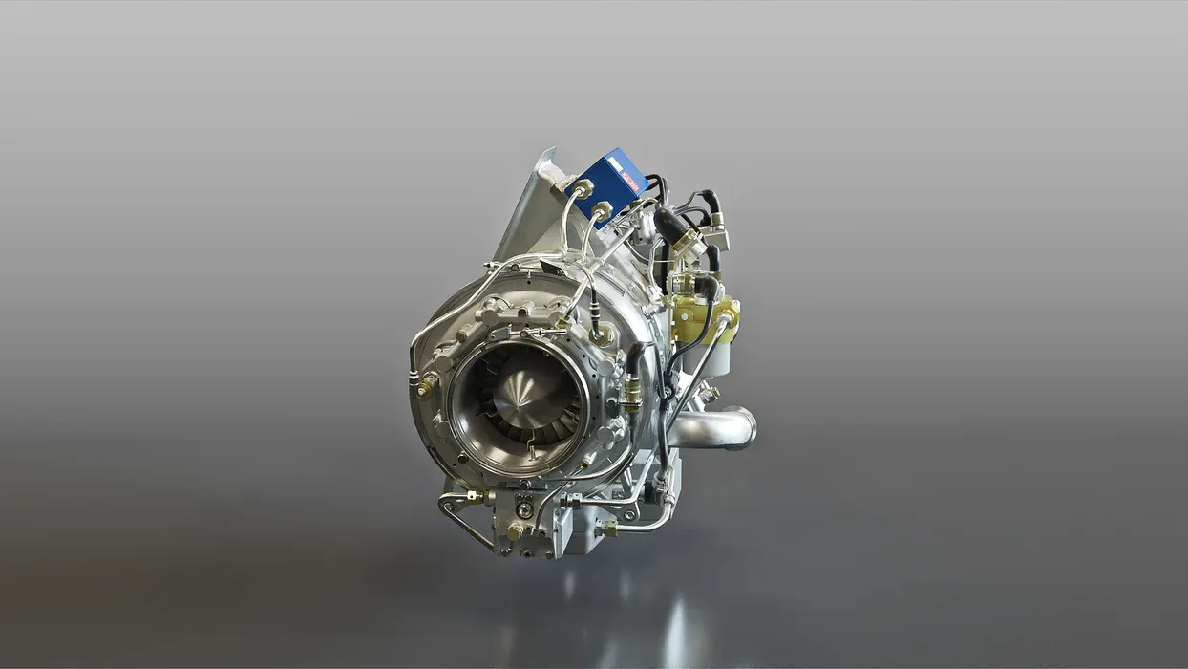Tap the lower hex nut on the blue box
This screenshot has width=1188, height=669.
(603, 209)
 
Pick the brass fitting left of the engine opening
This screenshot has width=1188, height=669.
(429, 384)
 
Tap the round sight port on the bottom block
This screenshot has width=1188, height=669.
(524, 510)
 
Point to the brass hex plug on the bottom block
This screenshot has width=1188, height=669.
(515, 531)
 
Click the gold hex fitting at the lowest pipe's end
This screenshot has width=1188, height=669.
(607, 529)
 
